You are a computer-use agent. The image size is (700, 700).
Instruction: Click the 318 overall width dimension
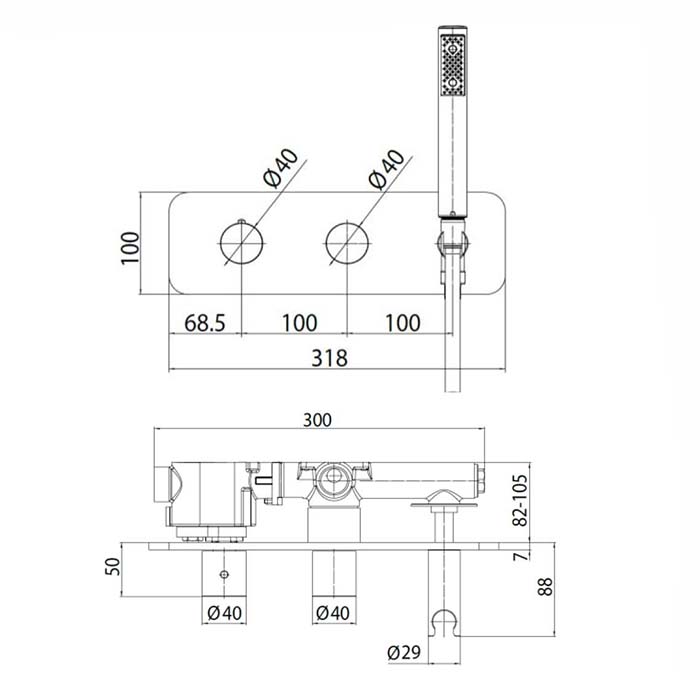329,358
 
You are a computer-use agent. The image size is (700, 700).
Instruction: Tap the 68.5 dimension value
205,323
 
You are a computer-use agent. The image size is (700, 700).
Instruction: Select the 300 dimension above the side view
317,420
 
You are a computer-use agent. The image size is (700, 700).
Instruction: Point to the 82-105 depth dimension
520,500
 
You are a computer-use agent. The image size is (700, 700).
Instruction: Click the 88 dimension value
545,587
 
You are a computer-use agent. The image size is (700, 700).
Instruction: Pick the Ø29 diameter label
404,653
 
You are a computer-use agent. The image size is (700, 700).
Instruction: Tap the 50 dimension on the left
113,567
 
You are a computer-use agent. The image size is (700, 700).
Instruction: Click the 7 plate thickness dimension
521,556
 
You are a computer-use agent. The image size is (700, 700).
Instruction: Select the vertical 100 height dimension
130,248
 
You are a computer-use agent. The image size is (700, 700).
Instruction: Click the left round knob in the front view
242,243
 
